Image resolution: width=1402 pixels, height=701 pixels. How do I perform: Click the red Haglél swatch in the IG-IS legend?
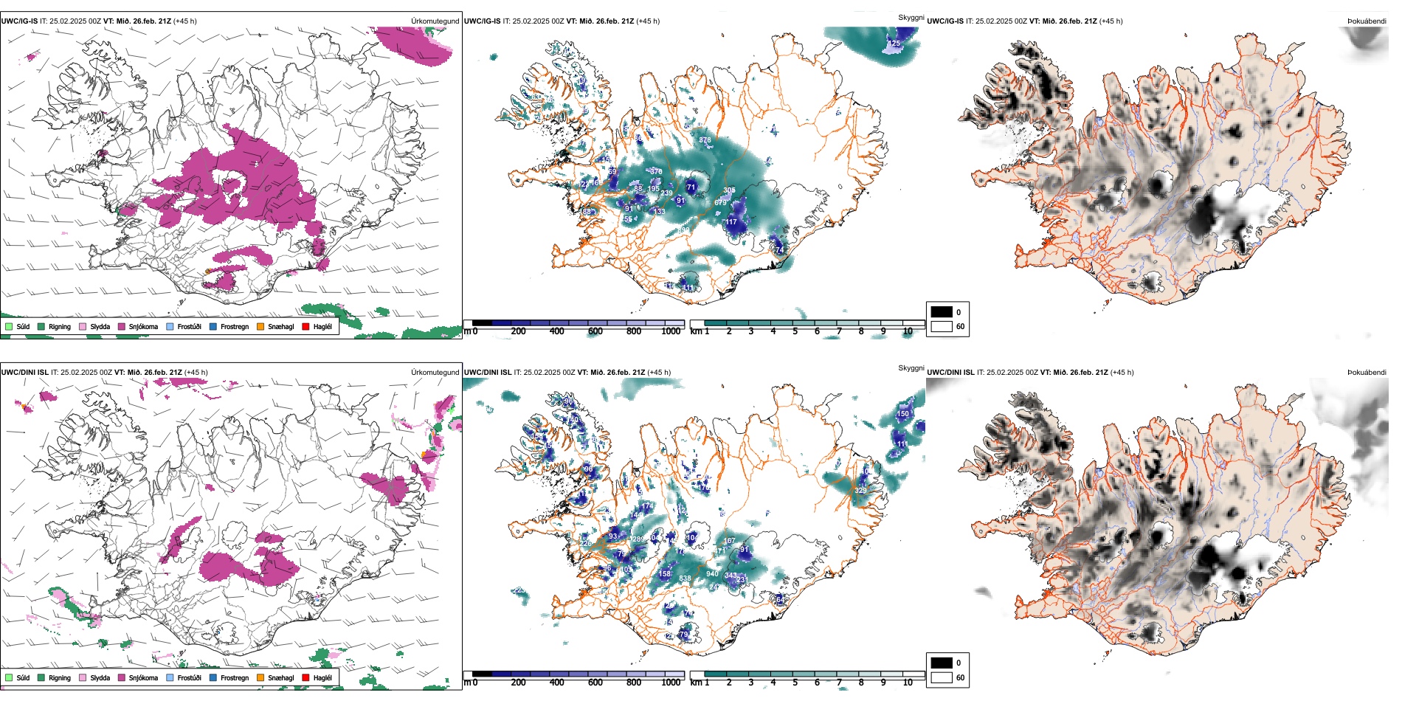(x=305, y=326)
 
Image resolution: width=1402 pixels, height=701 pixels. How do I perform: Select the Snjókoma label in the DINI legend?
(x=143, y=677)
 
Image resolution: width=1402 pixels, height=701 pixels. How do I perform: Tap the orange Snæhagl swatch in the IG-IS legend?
(x=260, y=326)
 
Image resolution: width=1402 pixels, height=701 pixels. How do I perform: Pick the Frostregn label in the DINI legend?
(x=235, y=677)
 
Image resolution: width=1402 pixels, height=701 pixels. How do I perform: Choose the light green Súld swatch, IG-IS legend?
(x=9, y=326)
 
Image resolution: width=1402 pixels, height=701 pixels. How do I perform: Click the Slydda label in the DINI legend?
(x=100, y=677)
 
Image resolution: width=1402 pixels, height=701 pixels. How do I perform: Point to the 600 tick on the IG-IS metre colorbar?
(x=595, y=331)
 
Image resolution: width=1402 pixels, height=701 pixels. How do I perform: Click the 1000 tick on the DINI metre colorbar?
(x=671, y=683)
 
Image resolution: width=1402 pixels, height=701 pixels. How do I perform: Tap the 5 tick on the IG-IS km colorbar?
(x=795, y=331)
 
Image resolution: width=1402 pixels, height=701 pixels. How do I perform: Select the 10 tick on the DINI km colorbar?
(x=908, y=683)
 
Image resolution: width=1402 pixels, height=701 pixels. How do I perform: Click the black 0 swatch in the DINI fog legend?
(x=942, y=663)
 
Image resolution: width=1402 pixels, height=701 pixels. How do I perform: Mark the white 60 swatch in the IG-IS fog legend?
(x=942, y=326)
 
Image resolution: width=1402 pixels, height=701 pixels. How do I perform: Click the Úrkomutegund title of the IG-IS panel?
(x=435, y=21)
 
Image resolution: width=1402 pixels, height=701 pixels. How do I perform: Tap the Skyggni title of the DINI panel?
(x=911, y=368)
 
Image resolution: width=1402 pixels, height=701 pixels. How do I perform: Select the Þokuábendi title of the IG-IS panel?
(x=1367, y=21)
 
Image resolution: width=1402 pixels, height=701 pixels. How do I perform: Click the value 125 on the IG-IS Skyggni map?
(x=894, y=44)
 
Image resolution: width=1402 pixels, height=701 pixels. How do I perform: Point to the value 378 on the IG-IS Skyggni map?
(x=705, y=139)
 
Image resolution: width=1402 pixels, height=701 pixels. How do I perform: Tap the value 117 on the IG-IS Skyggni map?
(x=731, y=221)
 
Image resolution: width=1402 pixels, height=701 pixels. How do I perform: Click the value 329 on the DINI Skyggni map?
(x=860, y=490)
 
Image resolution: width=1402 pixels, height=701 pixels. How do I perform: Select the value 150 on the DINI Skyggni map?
(x=902, y=414)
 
